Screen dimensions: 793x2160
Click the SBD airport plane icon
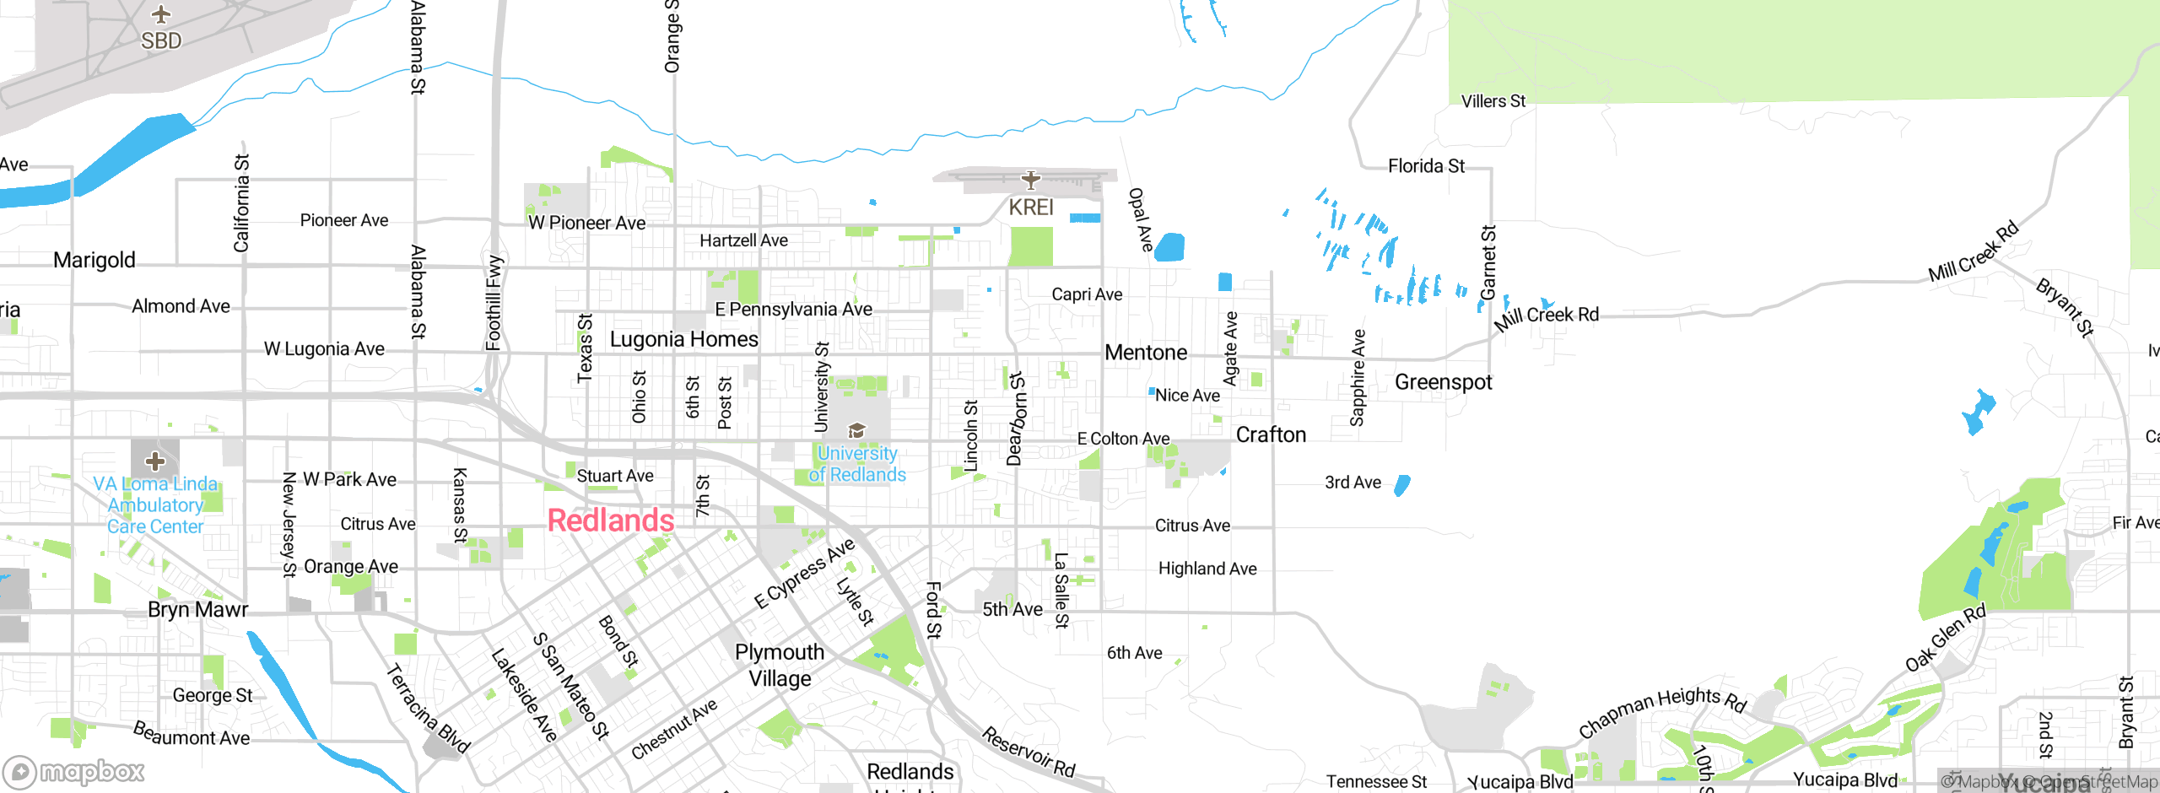(x=161, y=15)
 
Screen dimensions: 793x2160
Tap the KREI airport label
(x=1031, y=208)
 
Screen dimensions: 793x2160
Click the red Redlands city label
(x=611, y=521)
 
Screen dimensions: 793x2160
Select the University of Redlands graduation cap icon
(x=857, y=431)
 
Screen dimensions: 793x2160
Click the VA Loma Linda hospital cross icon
(x=155, y=461)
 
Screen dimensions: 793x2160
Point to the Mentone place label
(x=1146, y=353)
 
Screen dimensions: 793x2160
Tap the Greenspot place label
(x=1443, y=382)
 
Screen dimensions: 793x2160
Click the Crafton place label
(x=1271, y=434)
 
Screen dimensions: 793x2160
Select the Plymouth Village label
(x=780, y=665)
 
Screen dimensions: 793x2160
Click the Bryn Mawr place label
(x=197, y=609)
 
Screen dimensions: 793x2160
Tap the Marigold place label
(x=94, y=260)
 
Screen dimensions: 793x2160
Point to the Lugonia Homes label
(x=683, y=339)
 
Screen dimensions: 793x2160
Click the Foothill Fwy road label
(x=494, y=302)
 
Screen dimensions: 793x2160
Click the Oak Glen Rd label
(x=1946, y=639)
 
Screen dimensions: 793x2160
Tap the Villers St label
(x=1493, y=101)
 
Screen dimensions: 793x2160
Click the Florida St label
(x=1426, y=166)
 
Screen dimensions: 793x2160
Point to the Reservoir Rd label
(x=1029, y=752)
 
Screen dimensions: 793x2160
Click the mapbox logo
(x=74, y=771)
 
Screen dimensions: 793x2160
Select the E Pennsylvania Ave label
(x=793, y=310)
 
